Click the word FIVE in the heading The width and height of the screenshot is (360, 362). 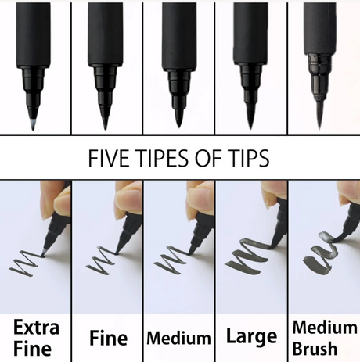[109, 158]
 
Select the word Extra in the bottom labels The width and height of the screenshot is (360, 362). [36, 328]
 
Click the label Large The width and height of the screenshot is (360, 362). [251, 336]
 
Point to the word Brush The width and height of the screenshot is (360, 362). [315, 349]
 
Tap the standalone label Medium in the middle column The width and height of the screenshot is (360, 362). [178, 338]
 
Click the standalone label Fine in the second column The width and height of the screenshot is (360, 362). [109, 338]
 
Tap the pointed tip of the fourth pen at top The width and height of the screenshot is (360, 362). [250, 123]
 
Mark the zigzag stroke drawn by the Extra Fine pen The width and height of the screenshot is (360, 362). [27, 263]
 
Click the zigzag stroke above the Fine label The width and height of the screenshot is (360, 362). [103, 261]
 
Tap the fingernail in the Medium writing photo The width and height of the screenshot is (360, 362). [197, 193]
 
